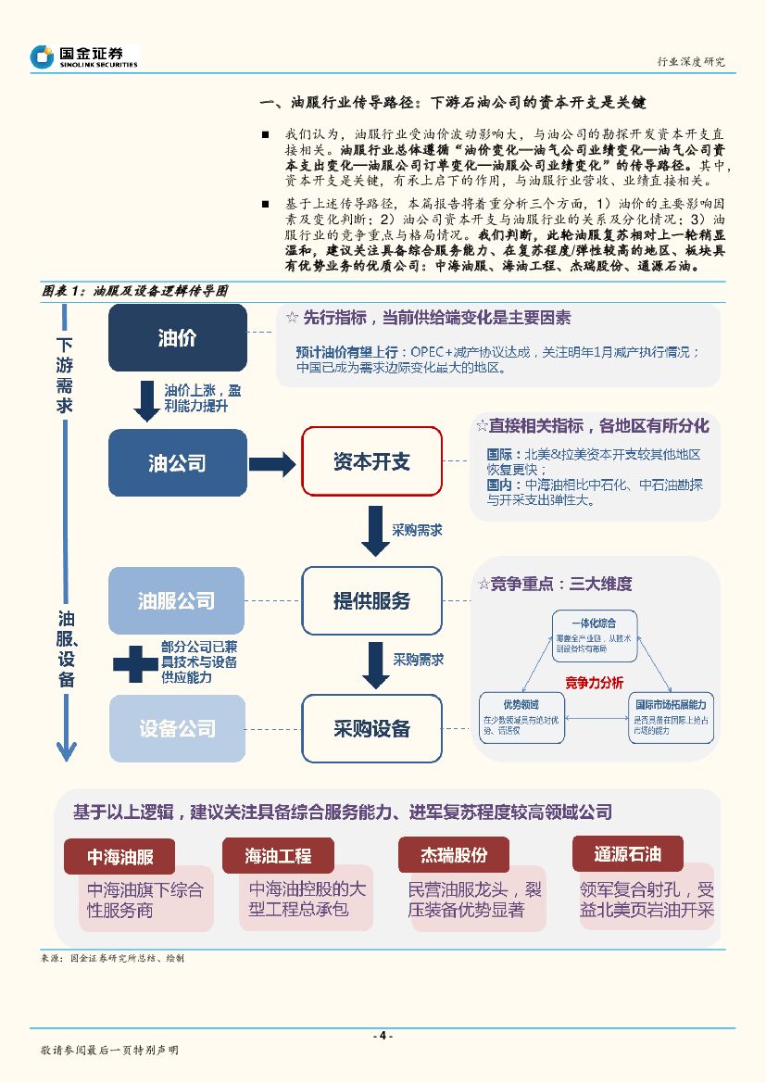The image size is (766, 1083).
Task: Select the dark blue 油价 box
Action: pyautogui.click(x=177, y=338)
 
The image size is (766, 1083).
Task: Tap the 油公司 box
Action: pyautogui.click(x=177, y=462)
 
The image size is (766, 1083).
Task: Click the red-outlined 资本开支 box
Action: pyautogui.click(x=371, y=462)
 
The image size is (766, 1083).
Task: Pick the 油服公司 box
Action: pyautogui.click(x=177, y=600)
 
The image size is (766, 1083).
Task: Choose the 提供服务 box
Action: pyautogui.click(x=371, y=600)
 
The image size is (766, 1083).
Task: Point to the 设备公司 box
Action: pyautogui.click(x=177, y=728)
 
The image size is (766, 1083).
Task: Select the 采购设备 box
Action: pyautogui.click(x=371, y=728)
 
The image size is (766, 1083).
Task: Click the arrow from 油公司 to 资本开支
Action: pyautogui.click(x=271, y=462)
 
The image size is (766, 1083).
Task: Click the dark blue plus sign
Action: pyautogui.click(x=135, y=662)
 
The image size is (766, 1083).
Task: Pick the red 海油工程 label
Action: pyautogui.click(x=278, y=856)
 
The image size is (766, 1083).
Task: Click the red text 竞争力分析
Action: pyautogui.click(x=595, y=683)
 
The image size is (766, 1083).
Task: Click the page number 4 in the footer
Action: pyautogui.click(x=383, y=1036)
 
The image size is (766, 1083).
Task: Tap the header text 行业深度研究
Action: pyautogui.click(x=689, y=61)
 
